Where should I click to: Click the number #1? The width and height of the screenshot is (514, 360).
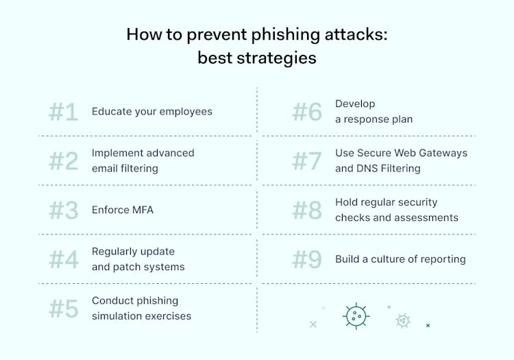(x=63, y=112)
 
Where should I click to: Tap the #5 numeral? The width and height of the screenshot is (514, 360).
(x=63, y=309)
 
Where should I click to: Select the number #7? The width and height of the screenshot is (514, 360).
(x=306, y=161)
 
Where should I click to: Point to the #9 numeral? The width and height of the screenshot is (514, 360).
(x=306, y=260)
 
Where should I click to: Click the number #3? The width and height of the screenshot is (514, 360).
(x=63, y=211)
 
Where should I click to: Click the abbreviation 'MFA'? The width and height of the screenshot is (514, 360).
(x=140, y=210)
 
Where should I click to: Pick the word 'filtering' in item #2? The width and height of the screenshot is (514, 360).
(x=135, y=168)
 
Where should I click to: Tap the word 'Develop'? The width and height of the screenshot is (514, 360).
(x=355, y=104)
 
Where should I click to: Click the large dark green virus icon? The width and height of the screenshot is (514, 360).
(x=355, y=316)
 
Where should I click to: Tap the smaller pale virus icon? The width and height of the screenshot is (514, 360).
(x=403, y=320)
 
